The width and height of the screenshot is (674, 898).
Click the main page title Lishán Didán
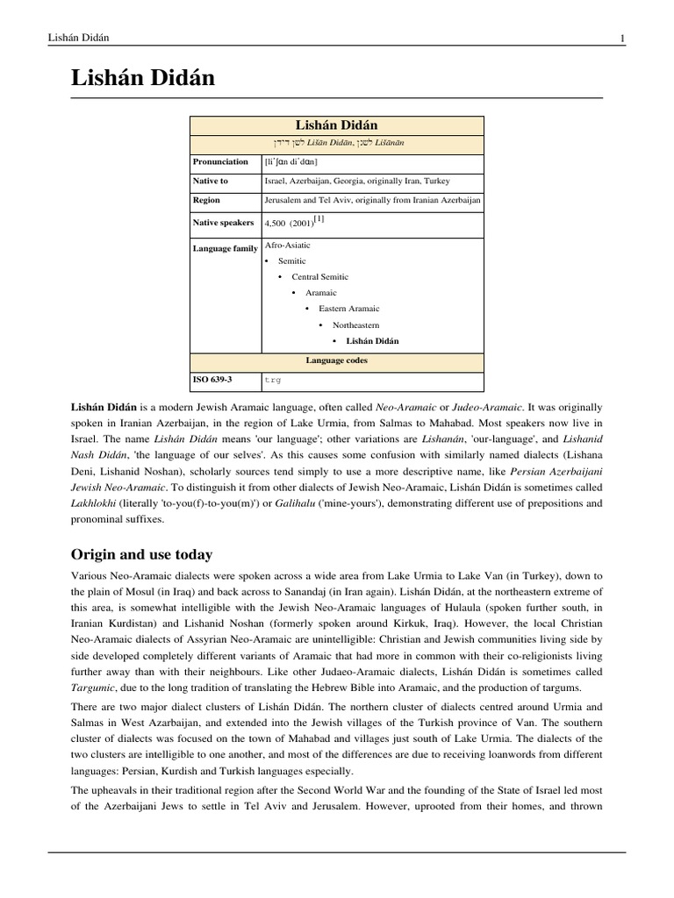142,79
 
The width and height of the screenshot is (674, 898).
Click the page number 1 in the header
621,38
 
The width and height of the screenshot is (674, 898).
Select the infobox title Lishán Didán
336,125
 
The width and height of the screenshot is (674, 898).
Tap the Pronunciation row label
220,162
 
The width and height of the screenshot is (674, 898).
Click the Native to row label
211,181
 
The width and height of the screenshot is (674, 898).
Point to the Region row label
206,200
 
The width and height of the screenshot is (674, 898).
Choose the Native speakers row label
223,223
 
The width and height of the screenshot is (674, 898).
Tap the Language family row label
225,248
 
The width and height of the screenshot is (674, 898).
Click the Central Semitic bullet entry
320,277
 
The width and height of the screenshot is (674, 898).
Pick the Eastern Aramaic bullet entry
349,309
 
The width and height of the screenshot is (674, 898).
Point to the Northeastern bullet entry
355,324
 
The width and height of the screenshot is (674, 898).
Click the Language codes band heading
336,360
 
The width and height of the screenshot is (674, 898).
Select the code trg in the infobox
274,381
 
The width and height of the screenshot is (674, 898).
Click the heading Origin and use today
141,554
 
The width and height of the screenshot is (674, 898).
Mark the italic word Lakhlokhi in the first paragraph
96,503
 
